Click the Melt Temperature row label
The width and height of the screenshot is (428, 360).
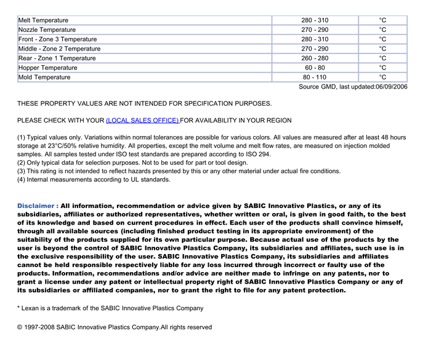click(x=43, y=20)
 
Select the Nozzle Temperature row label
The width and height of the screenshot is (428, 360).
click(x=47, y=30)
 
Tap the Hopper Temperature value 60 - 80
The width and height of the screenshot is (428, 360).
click(x=315, y=68)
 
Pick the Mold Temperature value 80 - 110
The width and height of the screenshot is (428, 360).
click(x=315, y=78)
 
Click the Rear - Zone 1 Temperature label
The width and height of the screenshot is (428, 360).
click(x=57, y=58)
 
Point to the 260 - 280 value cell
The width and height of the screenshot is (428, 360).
click(x=315, y=58)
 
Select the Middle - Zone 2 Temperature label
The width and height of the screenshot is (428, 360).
click(x=59, y=49)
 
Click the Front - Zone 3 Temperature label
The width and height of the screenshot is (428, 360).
click(x=57, y=39)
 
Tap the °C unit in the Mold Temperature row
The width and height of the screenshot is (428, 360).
click(x=382, y=78)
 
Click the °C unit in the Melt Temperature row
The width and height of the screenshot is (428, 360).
click(x=382, y=20)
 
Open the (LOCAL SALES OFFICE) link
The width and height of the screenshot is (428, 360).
click(x=142, y=120)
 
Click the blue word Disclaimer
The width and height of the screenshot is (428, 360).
click(x=38, y=206)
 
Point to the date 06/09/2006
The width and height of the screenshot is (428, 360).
click(x=392, y=87)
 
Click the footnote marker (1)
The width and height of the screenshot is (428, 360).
click(x=22, y=137)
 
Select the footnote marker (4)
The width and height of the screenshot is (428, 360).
click(x=22, y=180)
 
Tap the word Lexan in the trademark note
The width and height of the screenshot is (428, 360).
click(x=32, y=308)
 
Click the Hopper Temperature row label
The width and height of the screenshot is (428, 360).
click(x=47, y=68)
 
